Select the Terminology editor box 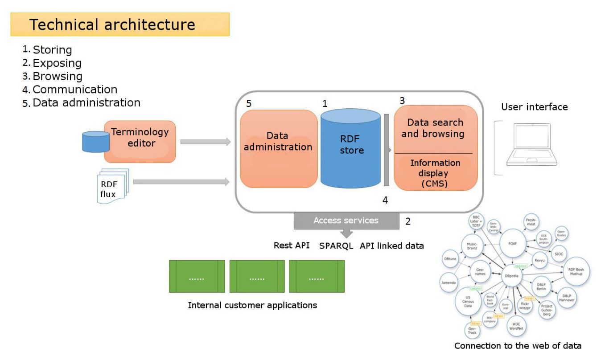pos(140,142)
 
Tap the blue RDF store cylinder pos(350,151)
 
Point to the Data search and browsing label pos(436,128)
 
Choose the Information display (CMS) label pos(436,172)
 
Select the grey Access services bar pos(346,221)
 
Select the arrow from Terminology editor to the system pos(206,142)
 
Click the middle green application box pos(257,277)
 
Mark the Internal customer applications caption pos(252,306)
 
